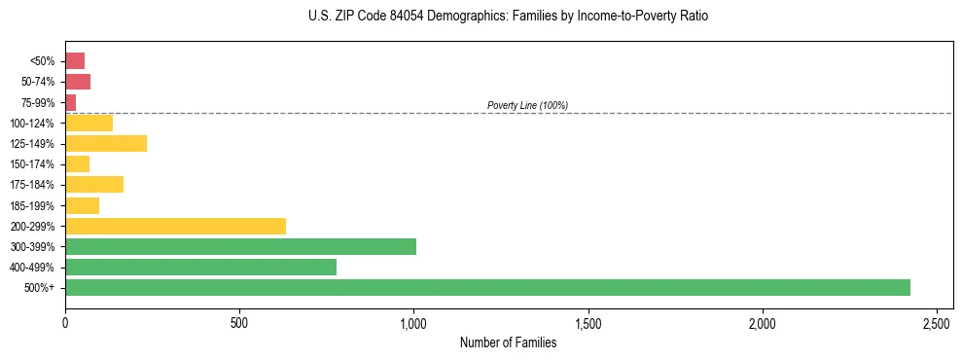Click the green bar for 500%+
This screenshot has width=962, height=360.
point(487,287)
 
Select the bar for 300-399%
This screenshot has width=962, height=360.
point(240,246)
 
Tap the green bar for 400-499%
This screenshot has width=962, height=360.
point(200,267)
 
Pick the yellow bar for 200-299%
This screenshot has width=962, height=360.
point(175,226)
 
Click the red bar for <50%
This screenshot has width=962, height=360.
point(75,60)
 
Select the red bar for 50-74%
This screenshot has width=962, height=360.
point(78,81)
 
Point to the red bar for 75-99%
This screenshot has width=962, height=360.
point(71,101)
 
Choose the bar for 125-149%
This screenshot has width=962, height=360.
point(106,143)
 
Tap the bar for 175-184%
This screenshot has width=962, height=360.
point(94,184)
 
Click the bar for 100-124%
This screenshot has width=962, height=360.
point(89,123)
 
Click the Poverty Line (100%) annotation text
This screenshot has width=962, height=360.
point(527,105)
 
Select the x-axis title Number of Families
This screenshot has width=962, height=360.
point(509,342)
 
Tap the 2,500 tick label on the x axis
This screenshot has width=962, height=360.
point(937,322)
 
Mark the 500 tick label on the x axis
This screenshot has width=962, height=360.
point(239,322)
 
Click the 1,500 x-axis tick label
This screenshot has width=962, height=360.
point(588,322)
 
